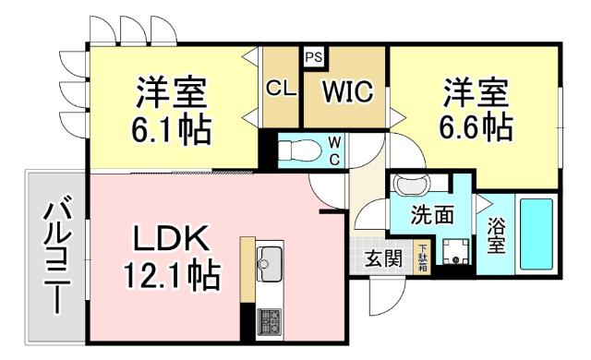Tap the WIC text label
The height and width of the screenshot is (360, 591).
pos(346,91)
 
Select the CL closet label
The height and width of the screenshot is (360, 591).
pos(280,90)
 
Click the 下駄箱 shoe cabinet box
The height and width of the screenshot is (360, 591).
pos(423,252)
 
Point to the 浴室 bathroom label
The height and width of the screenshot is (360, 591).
pos(496,235)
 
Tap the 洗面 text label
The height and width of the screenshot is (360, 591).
pos(433,216)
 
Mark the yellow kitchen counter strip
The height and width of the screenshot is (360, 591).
pos(247,268)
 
